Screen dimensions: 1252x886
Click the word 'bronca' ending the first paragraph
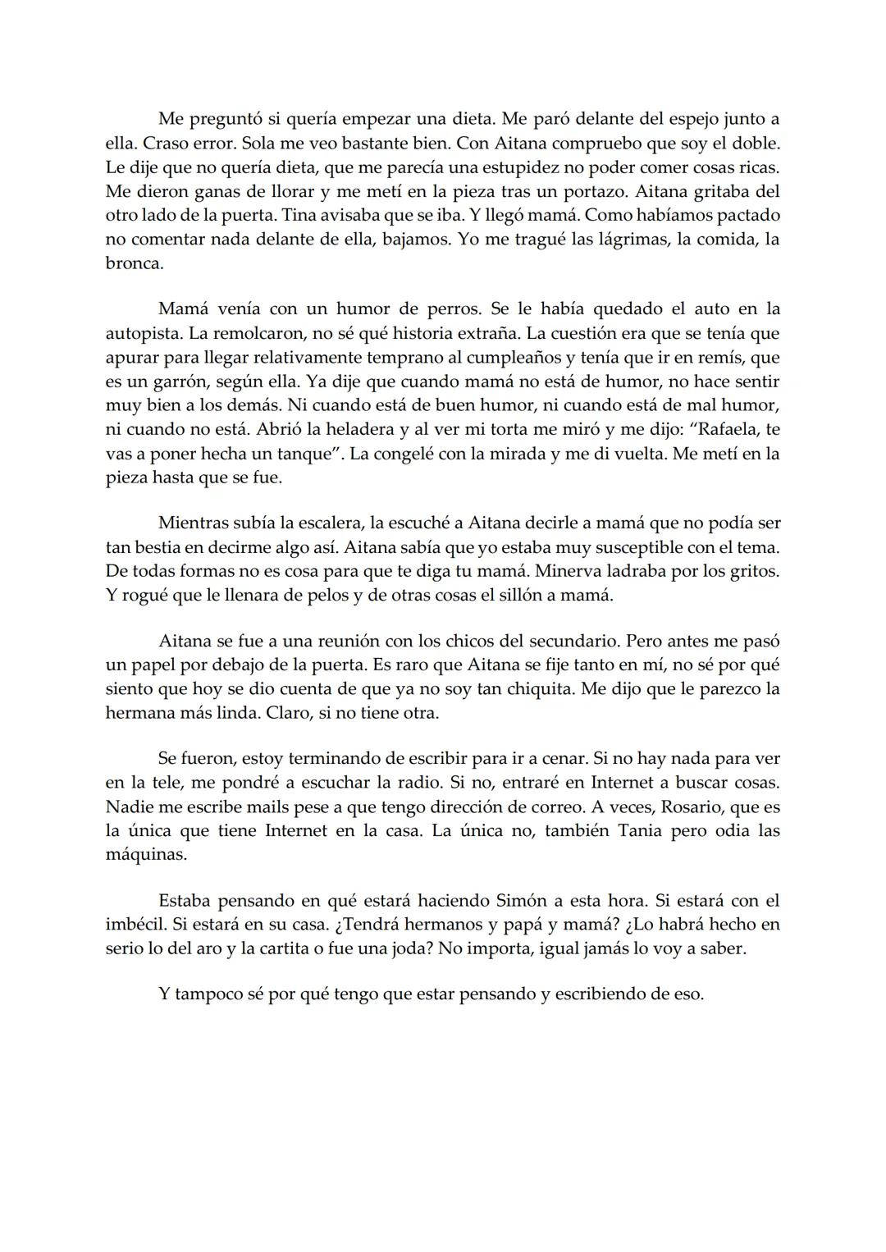point(133,264)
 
